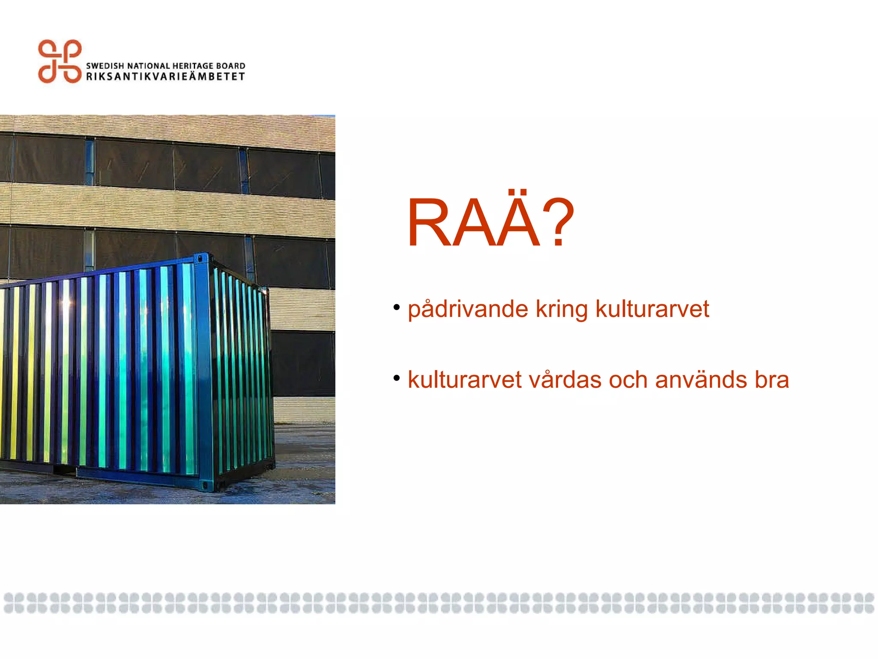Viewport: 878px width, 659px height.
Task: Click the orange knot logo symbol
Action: [x=60, y=61]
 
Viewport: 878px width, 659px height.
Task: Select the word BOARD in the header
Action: [x=231, y=66]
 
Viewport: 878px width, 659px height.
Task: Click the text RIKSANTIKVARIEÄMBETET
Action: [x=165, y=77]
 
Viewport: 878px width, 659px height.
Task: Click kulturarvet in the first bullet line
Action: [x=652, y=309]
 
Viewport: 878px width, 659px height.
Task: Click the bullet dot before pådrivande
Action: [x=397, y=307]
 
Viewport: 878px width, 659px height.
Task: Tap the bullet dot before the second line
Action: [x=397, y=378]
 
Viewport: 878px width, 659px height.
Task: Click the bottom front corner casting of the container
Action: [x=205, y=486]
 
